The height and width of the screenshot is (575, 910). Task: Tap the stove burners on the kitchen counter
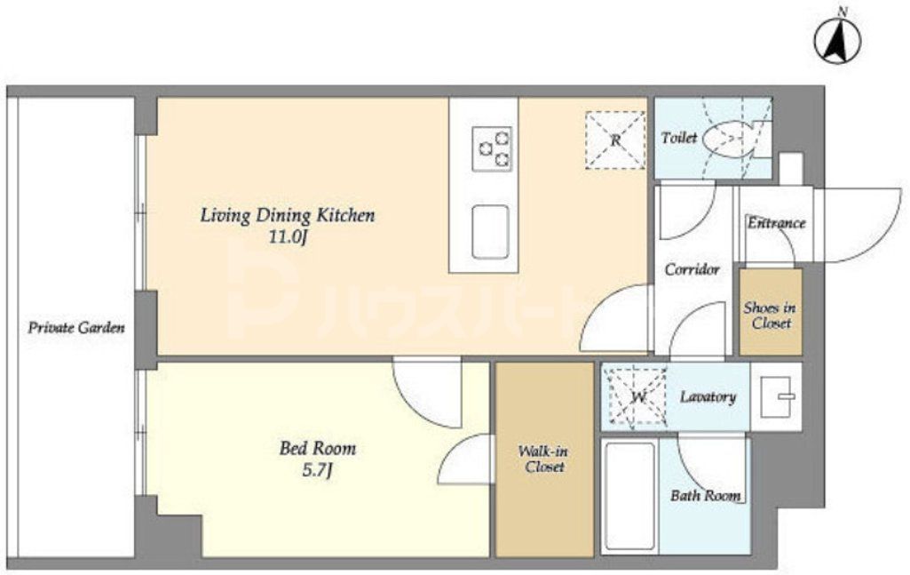492,148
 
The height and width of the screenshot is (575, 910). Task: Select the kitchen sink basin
490,232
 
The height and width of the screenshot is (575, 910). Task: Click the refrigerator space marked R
615,140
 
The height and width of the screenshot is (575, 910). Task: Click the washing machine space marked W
637,398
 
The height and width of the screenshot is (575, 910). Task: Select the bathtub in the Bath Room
630,496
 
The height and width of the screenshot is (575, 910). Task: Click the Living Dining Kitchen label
288,215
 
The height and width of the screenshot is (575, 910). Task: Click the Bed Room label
318,449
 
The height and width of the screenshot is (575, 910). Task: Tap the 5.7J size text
318,470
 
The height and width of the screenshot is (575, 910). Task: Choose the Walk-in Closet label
543,459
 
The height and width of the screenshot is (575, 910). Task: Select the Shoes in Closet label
770,315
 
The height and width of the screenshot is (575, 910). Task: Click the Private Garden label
76,328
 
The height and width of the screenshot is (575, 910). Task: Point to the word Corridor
692,269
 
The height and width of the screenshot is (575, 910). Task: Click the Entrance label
776,223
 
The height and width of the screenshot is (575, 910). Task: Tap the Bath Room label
706,496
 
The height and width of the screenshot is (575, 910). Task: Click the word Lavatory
708,397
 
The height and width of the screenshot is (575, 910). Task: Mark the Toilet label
679,139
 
